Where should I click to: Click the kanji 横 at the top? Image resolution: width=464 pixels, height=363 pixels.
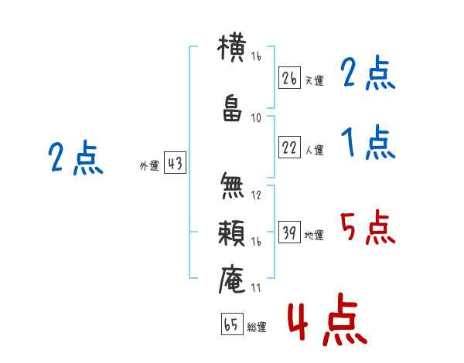pos(232,48)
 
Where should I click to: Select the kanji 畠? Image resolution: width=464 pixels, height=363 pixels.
pos(232,108)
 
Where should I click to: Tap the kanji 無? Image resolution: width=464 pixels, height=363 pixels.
pos(232,185)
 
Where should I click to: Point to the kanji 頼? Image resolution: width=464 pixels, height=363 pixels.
pos(231,233)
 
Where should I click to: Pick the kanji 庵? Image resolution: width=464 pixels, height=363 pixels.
pos(232,279)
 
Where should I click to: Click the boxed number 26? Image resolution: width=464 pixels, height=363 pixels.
pos(289,78)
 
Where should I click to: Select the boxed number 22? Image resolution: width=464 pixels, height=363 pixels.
pos(289,147)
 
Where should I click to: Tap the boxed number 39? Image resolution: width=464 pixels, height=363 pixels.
pos(289,232)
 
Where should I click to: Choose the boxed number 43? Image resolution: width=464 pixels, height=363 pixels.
pos(175,163)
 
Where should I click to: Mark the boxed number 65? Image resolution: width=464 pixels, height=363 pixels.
pos(232,324)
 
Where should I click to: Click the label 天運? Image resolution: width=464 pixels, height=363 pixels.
pos(314,80)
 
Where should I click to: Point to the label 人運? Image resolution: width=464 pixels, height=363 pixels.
pos(314,150)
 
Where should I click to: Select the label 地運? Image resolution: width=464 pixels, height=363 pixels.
pos(314,236)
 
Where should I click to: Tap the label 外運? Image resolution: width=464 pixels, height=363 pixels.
pos(149,166)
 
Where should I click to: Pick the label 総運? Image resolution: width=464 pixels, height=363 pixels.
pos(257,327)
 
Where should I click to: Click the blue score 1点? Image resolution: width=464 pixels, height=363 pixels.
pos(368,142)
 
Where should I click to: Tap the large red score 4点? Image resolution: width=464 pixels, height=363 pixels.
pos(328,319)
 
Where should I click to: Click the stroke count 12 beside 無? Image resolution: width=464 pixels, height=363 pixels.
pos(256,195)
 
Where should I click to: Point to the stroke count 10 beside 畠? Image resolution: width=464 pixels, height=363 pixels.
pos(256,118)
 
